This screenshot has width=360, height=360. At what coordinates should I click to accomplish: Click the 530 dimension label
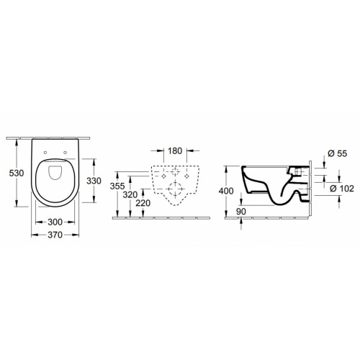[x=17, y=173]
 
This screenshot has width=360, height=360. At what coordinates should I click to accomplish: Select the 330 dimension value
[x=94, y=181]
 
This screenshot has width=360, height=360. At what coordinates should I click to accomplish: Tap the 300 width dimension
[x=55, y=222]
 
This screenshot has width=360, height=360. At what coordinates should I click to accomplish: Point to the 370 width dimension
[x=55, y=235]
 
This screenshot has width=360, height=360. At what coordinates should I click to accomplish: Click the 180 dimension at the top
[x=175, y=151]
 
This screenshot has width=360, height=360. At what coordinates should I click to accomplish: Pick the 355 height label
[x=117, y=186]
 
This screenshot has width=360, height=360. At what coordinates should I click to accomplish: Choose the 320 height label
[x=130, y=195]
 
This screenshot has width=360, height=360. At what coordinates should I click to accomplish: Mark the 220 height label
[x=143, y=203]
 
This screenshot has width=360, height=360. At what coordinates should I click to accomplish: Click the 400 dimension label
[x=226, y=191]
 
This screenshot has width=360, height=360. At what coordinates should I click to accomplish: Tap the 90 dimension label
[x=241, y=212]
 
